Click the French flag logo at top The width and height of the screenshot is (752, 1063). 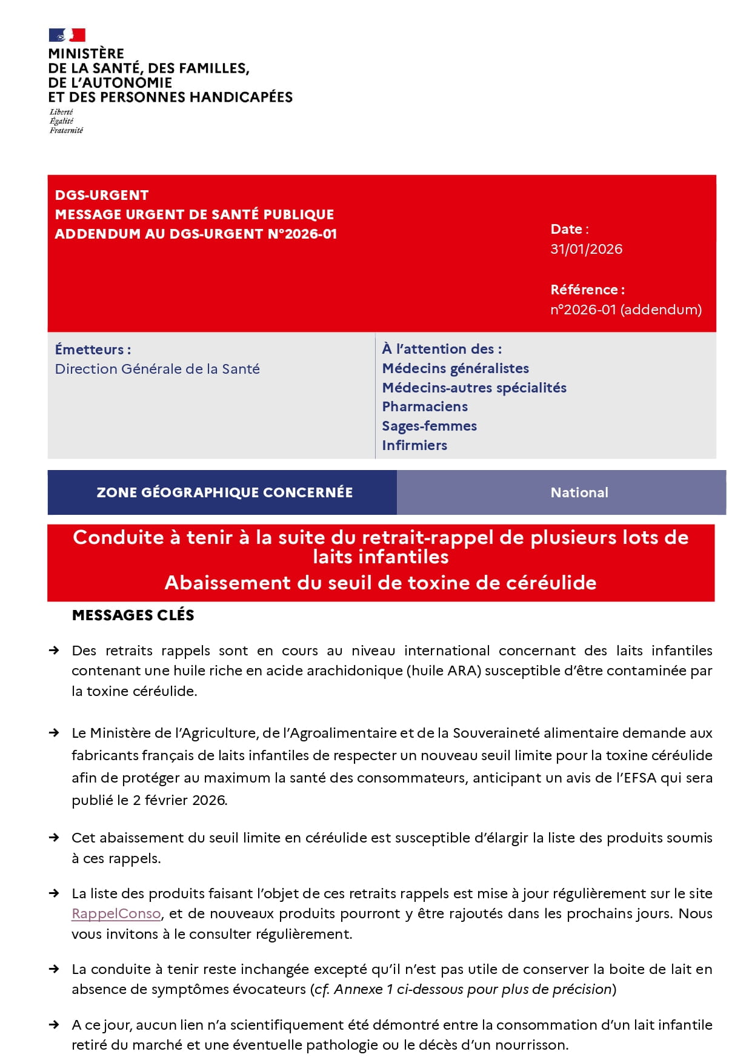(x=67, y=35)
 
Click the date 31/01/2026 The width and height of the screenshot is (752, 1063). (x=586, y=249)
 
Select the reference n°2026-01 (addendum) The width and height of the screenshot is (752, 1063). (x=625, y=310)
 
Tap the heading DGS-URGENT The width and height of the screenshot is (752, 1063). (x=102, y=195)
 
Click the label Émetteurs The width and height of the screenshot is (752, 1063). (x=92, y=349)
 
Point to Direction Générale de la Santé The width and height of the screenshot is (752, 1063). (x=157, y=369)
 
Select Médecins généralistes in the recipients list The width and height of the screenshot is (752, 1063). (x=455, y=368)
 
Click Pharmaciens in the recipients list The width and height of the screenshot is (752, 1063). (x=425, y=406)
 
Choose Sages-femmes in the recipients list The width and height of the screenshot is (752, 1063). (x=429, y=426)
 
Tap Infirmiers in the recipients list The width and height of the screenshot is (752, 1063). (x=414, y=445)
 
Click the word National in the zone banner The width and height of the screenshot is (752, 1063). (x=579, y=492)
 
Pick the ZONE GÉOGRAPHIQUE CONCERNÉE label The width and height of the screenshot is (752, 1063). (x=224, y=492)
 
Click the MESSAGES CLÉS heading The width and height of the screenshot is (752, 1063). (x=133, y=615)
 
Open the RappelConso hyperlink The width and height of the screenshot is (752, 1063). (x=116, y=913)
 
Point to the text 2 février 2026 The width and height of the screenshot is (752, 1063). (x=179, y=800)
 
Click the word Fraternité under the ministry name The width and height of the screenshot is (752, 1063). (x=66, y=130)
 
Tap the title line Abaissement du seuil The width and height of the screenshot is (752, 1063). (x=381, y=583)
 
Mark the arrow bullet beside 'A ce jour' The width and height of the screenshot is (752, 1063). (x=54, y=1025)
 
